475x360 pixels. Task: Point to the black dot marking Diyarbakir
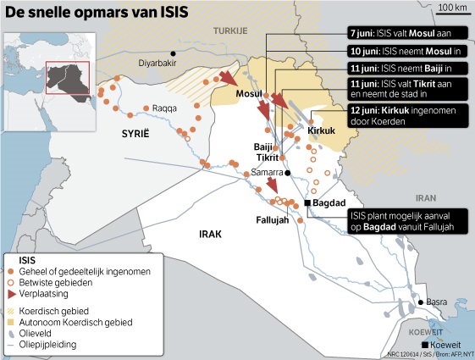pyautogui.click(x=174, y=53)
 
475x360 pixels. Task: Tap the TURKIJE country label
pyautogui.click(x=229, y=31)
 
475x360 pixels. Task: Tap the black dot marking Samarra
pyautogui.click(x=287, y=173)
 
